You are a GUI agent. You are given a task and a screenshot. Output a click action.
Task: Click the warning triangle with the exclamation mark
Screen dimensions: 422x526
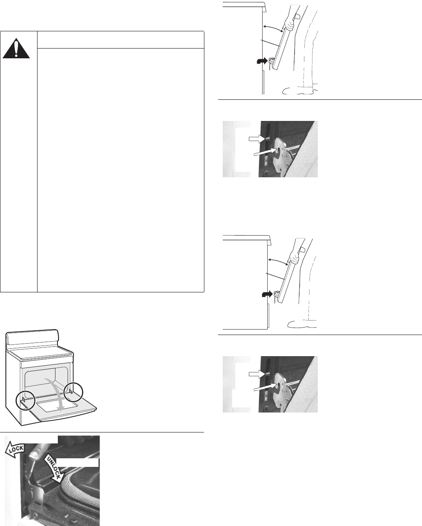[x=16, y=49]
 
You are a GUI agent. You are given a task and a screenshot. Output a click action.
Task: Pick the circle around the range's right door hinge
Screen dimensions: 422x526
[x=73, y=392]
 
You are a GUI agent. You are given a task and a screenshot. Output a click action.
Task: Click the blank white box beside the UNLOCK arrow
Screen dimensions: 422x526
[x=77, y=463]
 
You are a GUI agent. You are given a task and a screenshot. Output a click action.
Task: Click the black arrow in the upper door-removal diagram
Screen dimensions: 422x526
[x=262, y=61]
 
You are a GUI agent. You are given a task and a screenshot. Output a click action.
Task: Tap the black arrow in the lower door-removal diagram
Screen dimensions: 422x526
[x=267, y=294]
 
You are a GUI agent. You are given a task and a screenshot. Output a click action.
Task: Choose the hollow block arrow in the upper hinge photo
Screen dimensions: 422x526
[x=256, y=139]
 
